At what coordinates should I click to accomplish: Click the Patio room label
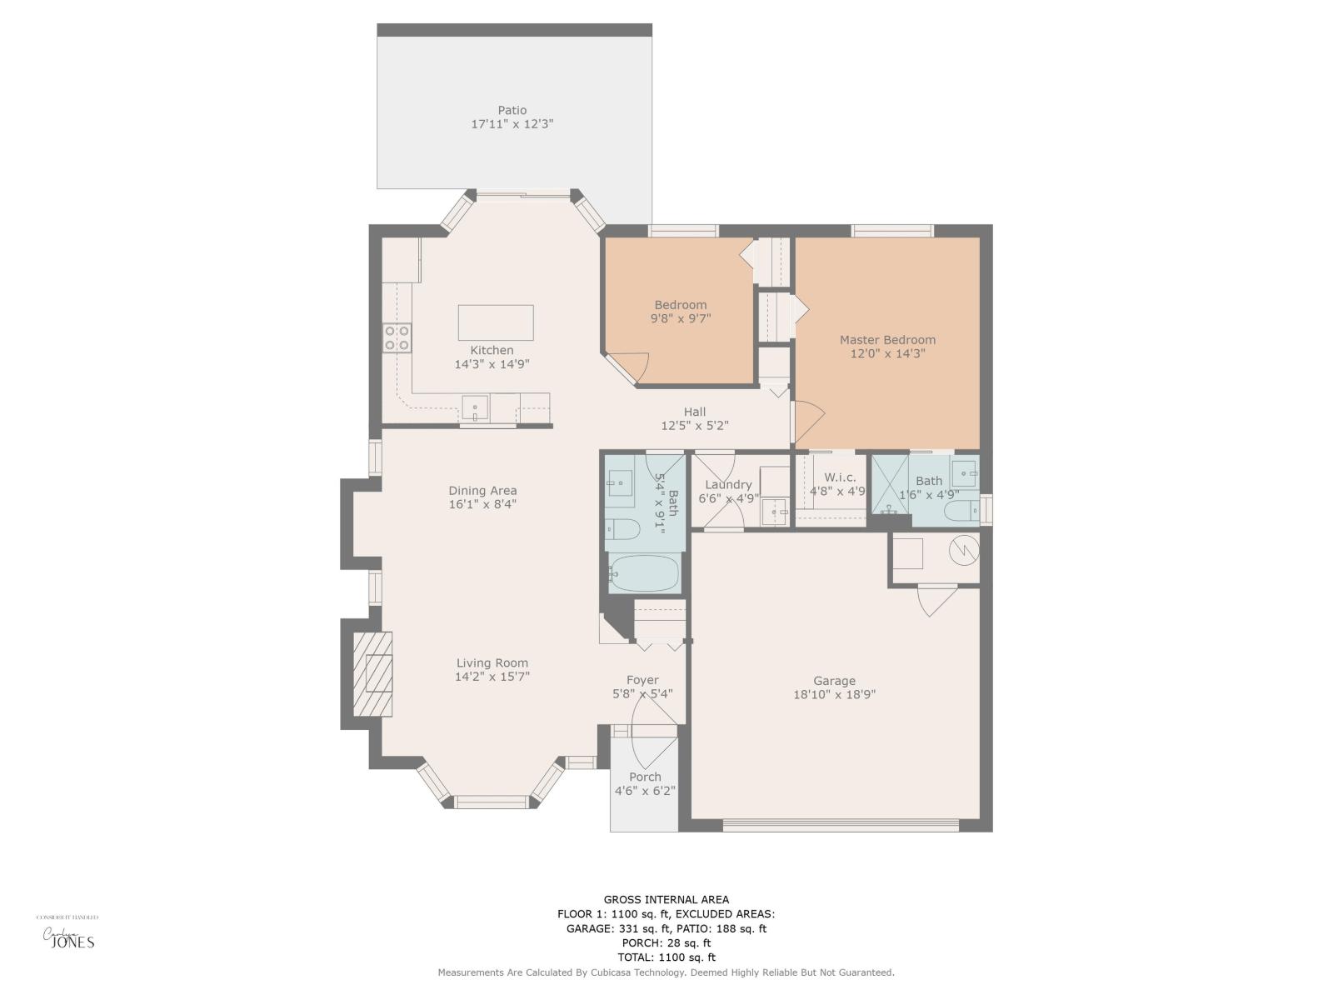[512, 110]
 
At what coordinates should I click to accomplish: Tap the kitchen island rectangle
[496, 322]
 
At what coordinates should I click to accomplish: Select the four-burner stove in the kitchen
[397, 337]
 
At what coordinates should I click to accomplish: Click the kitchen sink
[476, 409]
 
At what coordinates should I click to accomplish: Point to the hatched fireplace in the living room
[372, 674]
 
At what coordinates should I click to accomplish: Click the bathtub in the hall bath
[644, 572]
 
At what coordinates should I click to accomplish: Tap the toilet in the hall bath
[622, 527]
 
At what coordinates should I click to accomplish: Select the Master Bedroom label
[887, 340]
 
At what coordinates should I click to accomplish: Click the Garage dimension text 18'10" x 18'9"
[834, 694]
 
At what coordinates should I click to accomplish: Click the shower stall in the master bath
[890, 485]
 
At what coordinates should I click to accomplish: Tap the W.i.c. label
[839, 477]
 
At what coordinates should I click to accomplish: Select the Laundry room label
[728, 485]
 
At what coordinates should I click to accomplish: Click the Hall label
[695, 412]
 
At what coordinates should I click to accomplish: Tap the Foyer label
[642, 680]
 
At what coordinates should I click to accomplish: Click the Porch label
[645, 777]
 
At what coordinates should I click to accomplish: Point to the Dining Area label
[482, 491]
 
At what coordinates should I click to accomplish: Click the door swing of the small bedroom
[631, 366]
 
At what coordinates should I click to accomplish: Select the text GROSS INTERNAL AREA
[666, 899]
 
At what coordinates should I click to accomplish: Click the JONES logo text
[73, 943]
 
